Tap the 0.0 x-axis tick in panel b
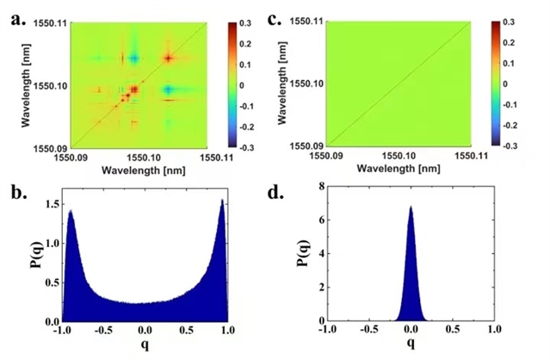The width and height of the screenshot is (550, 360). (x=145, y=330)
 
